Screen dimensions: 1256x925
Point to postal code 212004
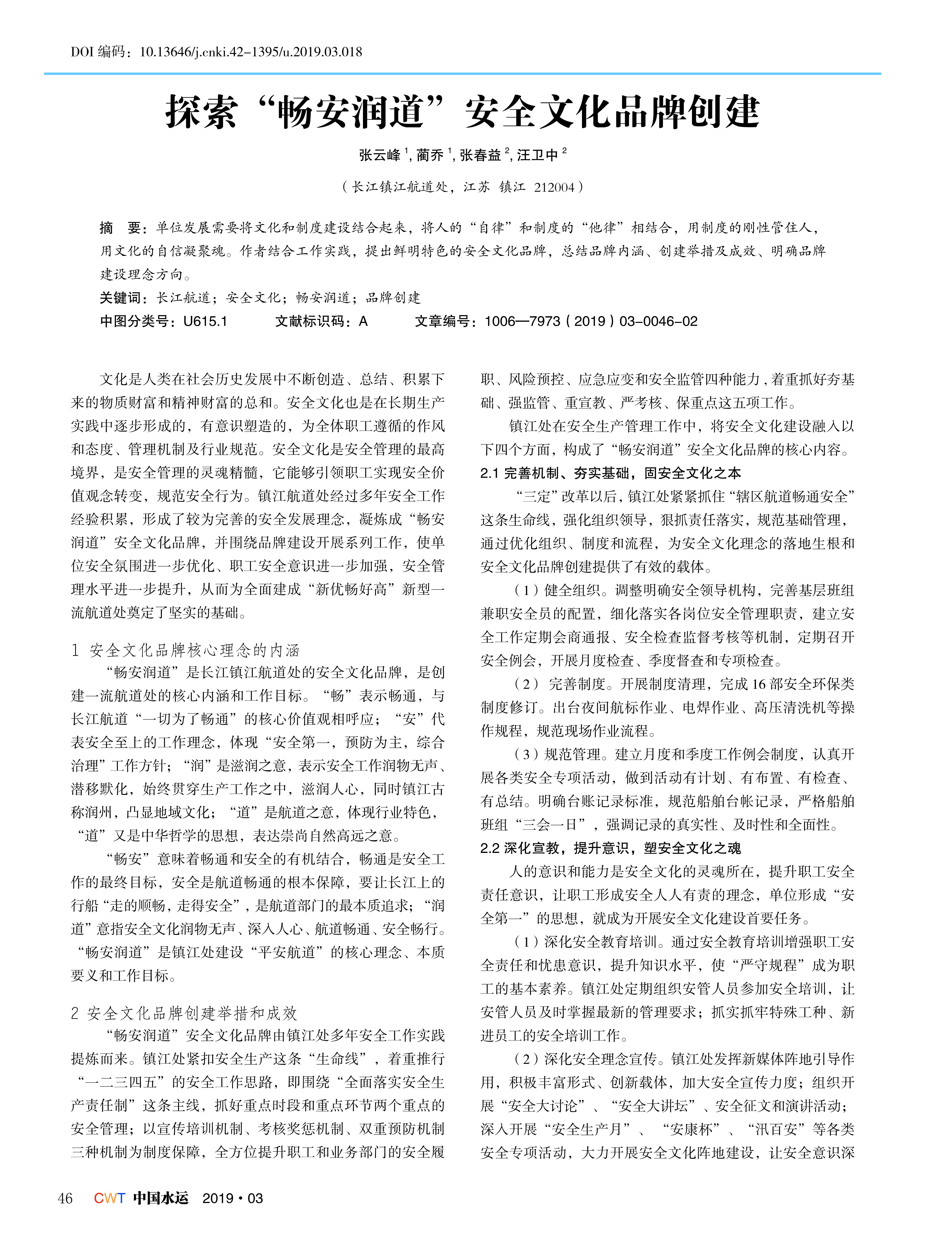(x=554, y=187)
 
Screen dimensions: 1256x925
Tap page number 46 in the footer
(x=65, y=1198)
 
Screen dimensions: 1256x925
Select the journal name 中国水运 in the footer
(x=161, y=1198)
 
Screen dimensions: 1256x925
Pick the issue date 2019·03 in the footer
(x=232, y=1198)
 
